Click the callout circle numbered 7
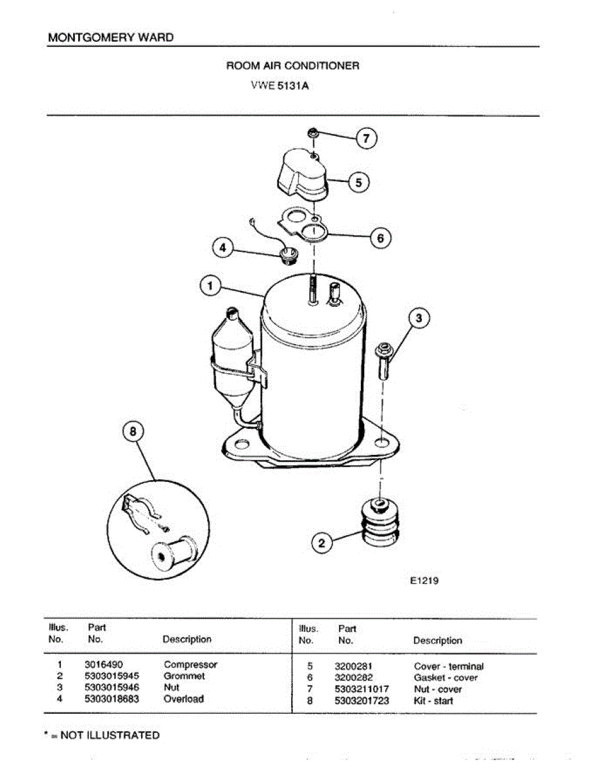(367, 138)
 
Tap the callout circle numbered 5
(359, 183)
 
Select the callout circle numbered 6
(380, 238)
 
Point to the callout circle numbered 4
(223, 248)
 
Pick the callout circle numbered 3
(419, 318)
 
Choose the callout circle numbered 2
(322, 544)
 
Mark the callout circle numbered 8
(133, 432)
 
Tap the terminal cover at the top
(300, 173)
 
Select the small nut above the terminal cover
(313, 134)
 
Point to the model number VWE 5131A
(280, 87)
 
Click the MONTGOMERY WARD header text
(110, 37)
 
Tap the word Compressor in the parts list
(190, 665)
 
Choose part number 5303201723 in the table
(362, 701)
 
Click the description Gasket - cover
(446, 677)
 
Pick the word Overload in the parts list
(183, 699)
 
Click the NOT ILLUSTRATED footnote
(103, 735)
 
